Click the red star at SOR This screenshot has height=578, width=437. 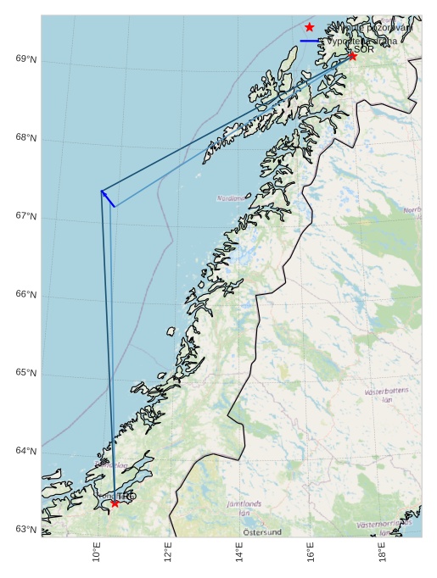352,56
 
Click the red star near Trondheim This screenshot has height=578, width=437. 115,503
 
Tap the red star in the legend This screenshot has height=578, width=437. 309,27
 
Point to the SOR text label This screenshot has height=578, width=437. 364,49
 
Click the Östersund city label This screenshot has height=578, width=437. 262,532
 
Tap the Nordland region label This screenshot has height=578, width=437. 230,198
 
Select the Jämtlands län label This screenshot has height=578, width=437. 244,508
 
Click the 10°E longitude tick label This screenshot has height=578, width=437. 97,553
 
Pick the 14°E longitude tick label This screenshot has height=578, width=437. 240,553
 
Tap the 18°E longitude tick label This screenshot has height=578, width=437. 384,553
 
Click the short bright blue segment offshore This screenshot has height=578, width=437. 108,198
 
